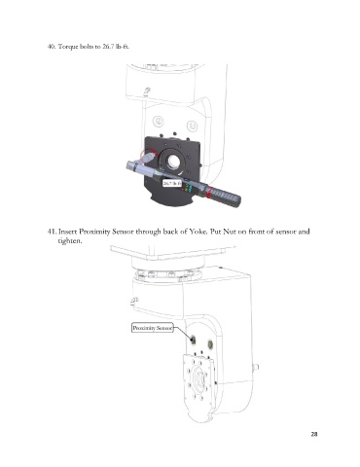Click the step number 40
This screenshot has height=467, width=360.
52,47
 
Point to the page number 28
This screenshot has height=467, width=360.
314,434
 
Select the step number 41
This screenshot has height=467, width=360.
52,232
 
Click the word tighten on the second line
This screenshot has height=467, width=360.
69,241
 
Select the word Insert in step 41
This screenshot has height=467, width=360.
68,232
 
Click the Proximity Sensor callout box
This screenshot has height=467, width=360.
153,328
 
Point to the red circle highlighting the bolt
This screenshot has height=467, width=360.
149,157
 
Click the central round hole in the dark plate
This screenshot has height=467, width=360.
173,161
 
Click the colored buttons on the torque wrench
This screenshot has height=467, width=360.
189,189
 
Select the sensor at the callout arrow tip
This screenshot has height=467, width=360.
193,340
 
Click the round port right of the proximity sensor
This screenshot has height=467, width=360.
210,343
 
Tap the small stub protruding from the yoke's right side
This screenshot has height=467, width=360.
256,367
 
